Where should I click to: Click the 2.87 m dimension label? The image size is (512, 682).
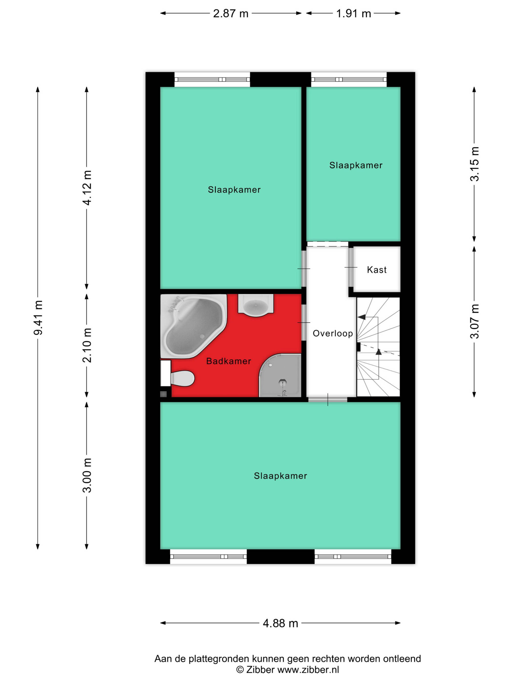click(x=231, y=14)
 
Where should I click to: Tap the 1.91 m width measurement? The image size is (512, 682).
click(x=353, y=14)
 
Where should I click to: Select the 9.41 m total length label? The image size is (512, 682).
click(x=38, y=318)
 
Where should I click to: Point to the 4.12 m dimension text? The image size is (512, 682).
click(x=87, y=187)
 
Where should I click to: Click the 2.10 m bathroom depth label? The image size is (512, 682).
click(x=87, y=345)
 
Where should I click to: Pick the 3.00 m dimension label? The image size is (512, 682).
click(x=87, y=475)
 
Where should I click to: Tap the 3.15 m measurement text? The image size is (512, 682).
click(x=475, y=164)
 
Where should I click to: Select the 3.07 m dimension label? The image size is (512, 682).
click(x=475, y=321)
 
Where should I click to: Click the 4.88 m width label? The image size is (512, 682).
click(x=280, y=623)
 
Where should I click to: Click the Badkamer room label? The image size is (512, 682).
click(x=228, y=361)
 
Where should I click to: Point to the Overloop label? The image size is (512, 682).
click(x=333, y=333)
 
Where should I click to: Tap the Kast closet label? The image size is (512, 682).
click(x=377, y=270)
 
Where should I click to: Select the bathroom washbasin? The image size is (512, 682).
click(x=255, y=305)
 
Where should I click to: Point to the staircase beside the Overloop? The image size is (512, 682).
click(x=378, y=347)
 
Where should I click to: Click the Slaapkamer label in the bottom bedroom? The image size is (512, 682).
click(x=280, y=476)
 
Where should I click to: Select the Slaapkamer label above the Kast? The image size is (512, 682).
click(x=356, y=165)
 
